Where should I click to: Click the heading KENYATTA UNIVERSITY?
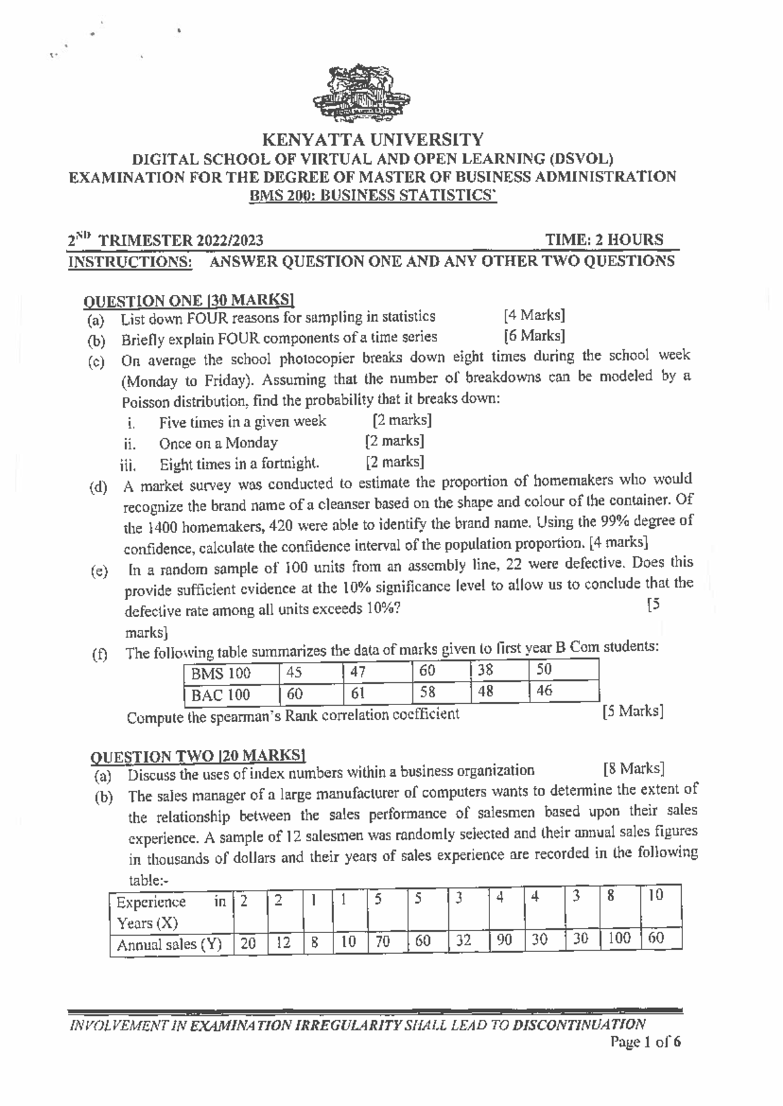[x=373, y=140]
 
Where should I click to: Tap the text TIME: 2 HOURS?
[x=604, y=240]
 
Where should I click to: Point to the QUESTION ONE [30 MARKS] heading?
[x=189, y=300]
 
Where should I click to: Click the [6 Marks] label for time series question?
[x=534, y=336]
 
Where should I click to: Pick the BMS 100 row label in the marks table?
[x=221, y=673]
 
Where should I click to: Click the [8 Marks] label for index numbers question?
[x=634, y=768]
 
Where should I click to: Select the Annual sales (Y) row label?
[x=169, y=944]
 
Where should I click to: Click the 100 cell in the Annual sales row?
[x=619, y=938]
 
